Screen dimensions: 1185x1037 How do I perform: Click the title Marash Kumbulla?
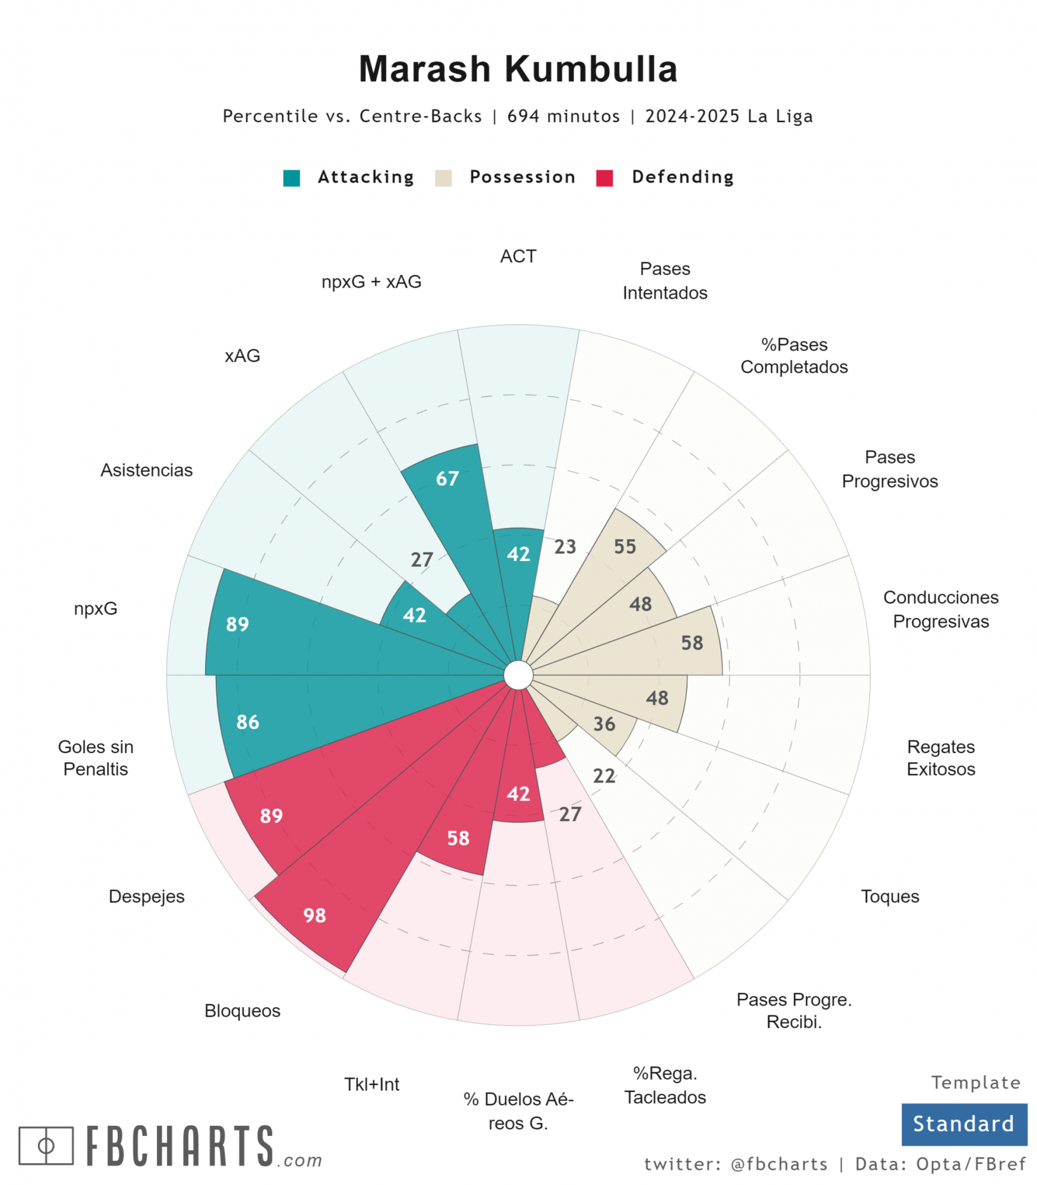coord(517,69)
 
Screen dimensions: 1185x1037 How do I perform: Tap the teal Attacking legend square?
coord(292,178)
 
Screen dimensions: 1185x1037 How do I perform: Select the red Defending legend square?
coord(604,178)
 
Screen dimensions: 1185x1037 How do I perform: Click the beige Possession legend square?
coord(443,178)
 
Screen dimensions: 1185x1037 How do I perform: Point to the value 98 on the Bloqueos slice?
coord(315,915)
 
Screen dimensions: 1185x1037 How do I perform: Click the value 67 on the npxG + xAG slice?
coord(447,479)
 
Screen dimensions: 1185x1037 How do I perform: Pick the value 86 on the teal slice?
coord(248,722)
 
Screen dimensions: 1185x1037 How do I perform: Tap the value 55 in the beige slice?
coord(625,546)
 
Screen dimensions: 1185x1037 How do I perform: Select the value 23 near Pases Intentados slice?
coord(565,546)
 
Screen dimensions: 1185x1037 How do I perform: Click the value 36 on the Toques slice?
coord(604,723)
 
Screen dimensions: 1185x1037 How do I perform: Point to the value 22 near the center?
coord(604,776)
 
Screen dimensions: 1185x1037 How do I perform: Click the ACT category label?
coord(518,256)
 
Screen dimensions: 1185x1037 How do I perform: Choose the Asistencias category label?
coord(146,470)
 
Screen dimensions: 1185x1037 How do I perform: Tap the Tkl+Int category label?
coord(372,1084)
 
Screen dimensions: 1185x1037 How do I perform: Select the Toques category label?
coord(889,896)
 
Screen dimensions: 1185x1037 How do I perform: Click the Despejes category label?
coord(146,896)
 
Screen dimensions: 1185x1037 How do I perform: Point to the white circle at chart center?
coord(518,675)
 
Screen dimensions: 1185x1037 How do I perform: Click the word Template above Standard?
coord(975,1082)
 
